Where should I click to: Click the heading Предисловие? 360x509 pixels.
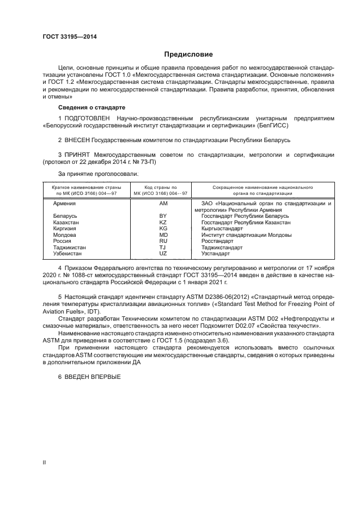point(188,54)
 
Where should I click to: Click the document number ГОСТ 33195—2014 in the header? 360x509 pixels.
point(66,37)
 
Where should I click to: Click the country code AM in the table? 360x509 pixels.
point(163,204)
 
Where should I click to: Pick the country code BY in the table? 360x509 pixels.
point(162,216)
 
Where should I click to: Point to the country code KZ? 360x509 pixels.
point(162,223)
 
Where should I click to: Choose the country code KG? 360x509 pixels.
point(162,229)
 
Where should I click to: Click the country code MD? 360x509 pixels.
point(162,235)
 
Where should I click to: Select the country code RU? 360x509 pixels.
point(162,241)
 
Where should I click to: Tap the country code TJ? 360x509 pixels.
point(162,247)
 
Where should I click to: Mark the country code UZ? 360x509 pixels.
point(162,254)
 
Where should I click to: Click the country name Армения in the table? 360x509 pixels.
point(64,204)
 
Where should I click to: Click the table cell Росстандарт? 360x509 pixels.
point(217,241)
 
